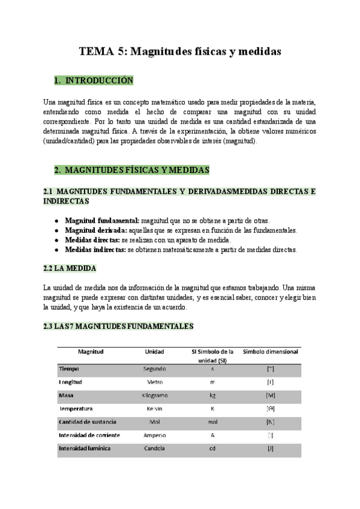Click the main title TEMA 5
[x=180, y=51]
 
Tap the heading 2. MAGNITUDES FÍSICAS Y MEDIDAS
[x=131, y=170]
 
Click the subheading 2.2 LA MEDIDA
[x=70, y=268]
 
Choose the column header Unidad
[x=155, y=351]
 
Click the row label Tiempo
[x=69, y=369]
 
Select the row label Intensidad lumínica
[x=84, y=448]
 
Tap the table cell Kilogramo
[x=155, y=395]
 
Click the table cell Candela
[x=155, y=448]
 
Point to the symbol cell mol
[x=212, y=421]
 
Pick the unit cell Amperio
[x=155, y=435]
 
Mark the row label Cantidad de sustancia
[x=88, y=421]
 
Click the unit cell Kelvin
[x=155, y=408]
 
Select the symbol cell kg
[x=212, y=395]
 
